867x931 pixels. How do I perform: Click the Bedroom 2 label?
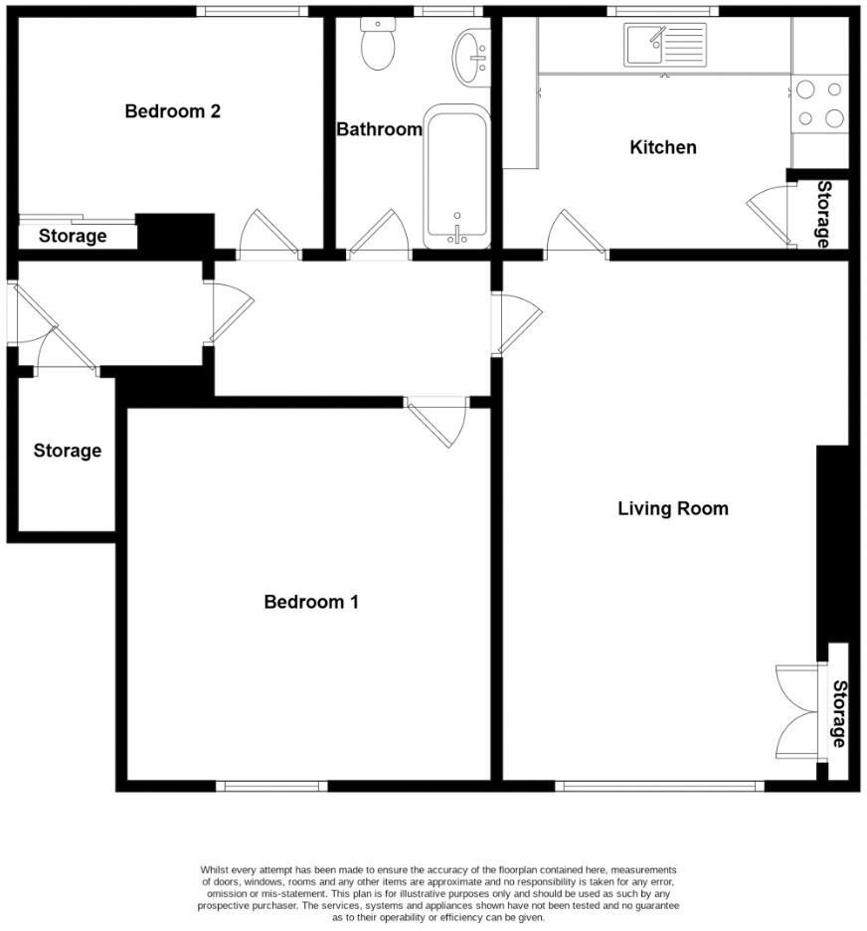tap(172, 111)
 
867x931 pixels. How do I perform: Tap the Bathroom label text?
tap(379, 129)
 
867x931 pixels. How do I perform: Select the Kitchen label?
tap(663, 147)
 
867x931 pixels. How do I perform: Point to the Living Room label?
tap(673, 508)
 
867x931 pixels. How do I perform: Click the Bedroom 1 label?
tap(310, 602)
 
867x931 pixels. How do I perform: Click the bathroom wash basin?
tap(470, 57)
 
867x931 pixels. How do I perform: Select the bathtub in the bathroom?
tap(456, 179)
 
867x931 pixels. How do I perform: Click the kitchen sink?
tap(664, 46)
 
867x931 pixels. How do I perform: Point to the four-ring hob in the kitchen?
tap(820, 103)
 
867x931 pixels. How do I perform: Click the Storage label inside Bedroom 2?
tap(73, 237)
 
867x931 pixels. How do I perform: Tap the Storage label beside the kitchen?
tap(824, 214)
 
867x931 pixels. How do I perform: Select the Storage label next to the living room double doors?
tap(839, 713)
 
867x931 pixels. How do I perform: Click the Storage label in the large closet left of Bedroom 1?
tap(68, 451)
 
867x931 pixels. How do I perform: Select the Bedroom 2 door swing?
tap(267, 235)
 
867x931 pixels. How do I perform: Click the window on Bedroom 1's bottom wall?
tap(271, 786)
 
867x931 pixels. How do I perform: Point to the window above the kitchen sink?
tap(665, 11)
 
